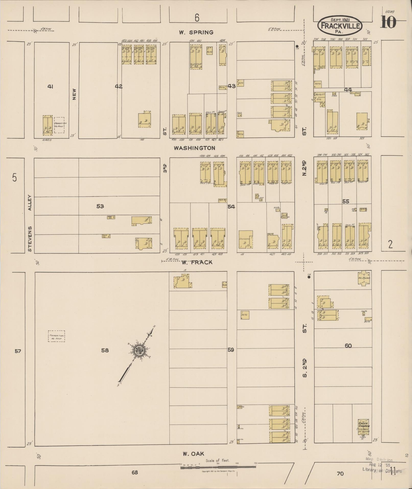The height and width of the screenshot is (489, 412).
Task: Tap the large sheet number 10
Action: [x=388, y=22]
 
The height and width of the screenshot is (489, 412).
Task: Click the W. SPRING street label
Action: [x=196, y=32]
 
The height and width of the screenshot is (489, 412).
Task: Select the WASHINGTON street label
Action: [x=195, y=148]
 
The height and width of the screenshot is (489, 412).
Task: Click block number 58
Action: [x=105, y=350]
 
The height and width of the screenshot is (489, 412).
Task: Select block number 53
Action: [x=100, y=206]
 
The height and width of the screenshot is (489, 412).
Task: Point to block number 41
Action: [x=50, y=87]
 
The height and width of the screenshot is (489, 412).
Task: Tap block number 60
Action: [x=348, y=346]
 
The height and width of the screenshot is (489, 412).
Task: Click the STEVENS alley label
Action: [x=30, y=239]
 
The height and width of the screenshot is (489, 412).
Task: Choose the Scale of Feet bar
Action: [x=218, y=467]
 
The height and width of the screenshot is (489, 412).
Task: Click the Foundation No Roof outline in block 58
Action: [x=56, y=336]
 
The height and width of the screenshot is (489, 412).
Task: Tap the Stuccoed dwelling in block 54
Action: [x=245, y=239]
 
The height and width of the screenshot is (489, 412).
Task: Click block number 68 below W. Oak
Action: [x=135, y=472]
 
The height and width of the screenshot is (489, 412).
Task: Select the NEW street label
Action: [x=74, y=94]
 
